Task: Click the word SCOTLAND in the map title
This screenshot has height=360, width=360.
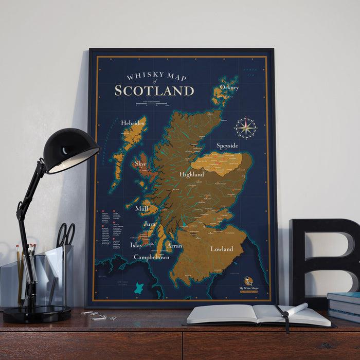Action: click(154, 91)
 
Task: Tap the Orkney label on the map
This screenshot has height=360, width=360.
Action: click(229, 87)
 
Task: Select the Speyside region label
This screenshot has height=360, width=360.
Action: click(227, 146)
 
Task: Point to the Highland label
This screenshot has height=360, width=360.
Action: click(192, 174)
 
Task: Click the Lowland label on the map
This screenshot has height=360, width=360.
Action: click(222, 249)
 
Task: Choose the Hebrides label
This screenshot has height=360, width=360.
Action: click(132, 123)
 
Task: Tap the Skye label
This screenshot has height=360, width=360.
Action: click(140, 164)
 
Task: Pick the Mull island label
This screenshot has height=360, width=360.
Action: click(141, 209)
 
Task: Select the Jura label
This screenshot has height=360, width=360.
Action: click(150, 225)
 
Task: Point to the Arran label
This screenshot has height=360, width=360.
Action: click(174, 246)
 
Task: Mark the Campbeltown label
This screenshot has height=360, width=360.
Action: click(151, 257)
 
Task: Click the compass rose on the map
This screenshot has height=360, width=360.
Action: click(246, 128)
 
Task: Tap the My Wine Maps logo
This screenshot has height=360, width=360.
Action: click(248, 282)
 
